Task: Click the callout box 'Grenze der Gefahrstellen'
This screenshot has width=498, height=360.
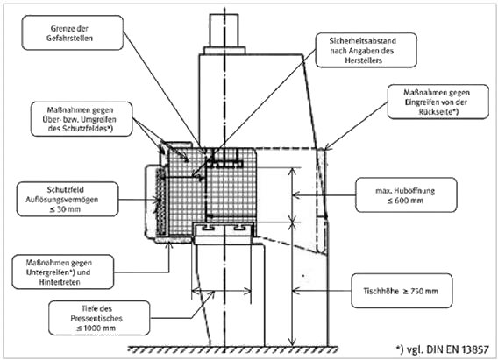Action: tap(73, 32)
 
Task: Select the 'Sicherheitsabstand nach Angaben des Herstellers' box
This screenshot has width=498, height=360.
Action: tap(366, 51)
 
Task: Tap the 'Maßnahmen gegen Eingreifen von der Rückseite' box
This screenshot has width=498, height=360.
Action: tap(438, 102)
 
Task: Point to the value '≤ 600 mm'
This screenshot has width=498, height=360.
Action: tap(405, 201)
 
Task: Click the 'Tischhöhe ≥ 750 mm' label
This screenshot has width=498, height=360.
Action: tap(401, 291)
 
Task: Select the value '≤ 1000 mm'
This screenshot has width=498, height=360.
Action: tap(96, 328)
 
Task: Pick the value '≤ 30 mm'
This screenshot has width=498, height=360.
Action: tap(65, 209)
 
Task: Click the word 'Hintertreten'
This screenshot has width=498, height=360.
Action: tap(60, 282)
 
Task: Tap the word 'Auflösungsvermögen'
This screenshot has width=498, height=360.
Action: tap(62, 200)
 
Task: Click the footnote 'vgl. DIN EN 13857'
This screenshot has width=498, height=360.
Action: tap(447, 349)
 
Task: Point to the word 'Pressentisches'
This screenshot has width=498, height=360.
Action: tap(96, 319)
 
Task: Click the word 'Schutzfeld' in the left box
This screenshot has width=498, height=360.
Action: tap(66, 190)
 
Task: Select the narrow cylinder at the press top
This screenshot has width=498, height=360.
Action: tap(224, 31)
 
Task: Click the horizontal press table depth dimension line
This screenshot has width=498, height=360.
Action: tap(221, 291)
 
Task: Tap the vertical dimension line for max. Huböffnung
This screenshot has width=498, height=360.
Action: tap(293, 194)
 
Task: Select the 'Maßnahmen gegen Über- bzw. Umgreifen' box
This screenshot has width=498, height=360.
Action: tap(82, 119)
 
